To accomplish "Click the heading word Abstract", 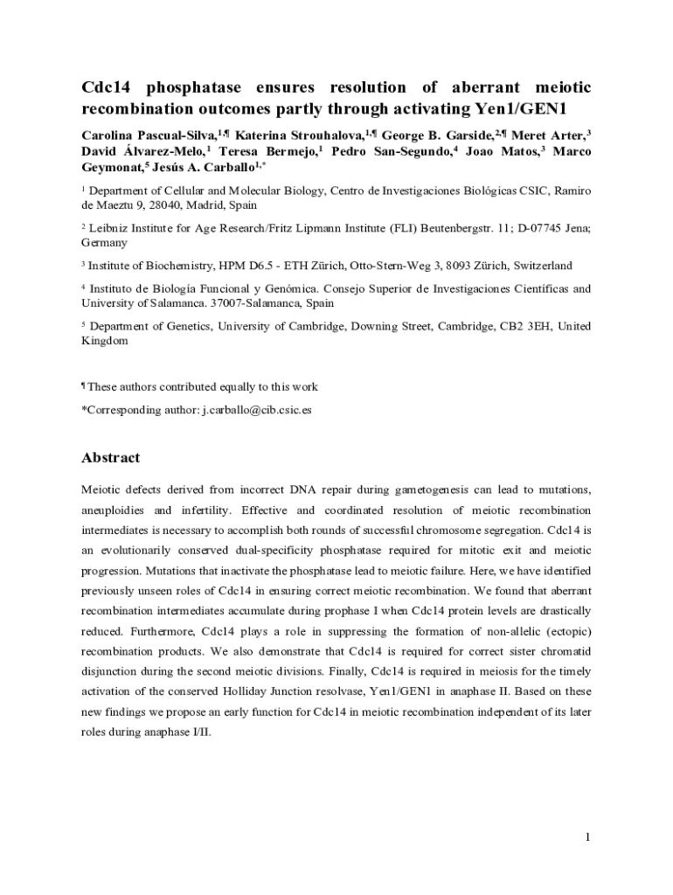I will coord(110,457).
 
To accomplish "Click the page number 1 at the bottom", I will coord(588,837).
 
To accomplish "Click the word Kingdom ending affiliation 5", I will coord(105,341).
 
